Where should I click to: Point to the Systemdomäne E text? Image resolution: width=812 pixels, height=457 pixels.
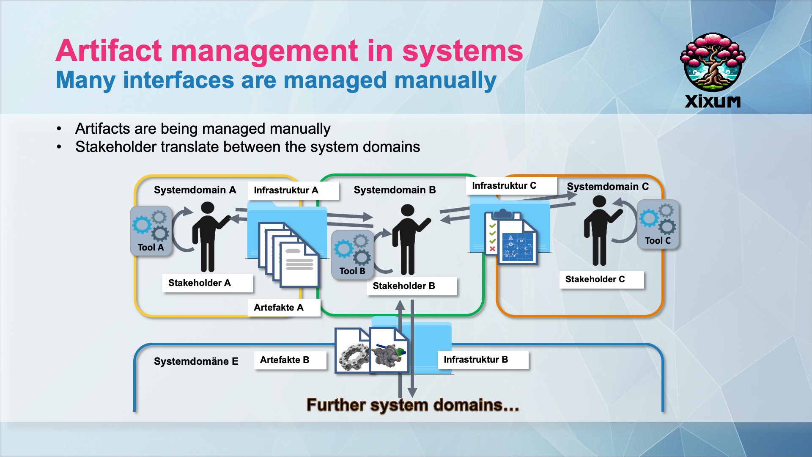pos(196,361)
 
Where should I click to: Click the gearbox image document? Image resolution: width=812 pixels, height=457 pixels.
pos(388,351)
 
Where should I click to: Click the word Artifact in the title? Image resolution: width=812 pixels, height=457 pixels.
pos(108,51)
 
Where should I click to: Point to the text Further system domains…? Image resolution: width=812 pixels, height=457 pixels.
pos(412,405)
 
